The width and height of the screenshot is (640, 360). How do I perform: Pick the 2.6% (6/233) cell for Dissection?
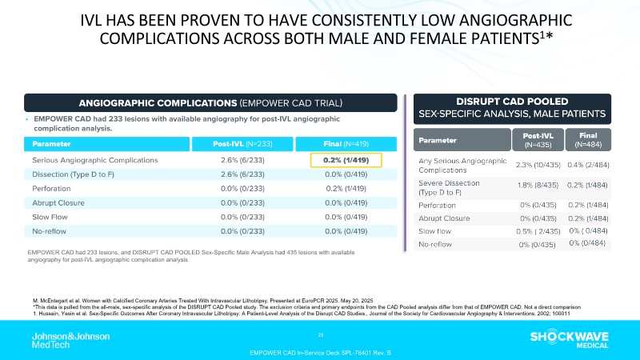242,174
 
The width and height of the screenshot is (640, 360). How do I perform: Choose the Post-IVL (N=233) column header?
242,143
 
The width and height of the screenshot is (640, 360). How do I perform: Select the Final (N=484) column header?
587,140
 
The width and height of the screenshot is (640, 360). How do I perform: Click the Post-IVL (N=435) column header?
530,140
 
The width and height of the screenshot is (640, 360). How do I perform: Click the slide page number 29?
320,334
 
